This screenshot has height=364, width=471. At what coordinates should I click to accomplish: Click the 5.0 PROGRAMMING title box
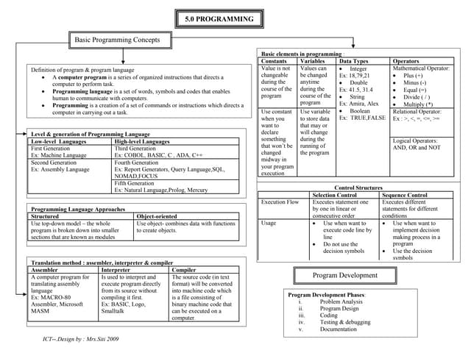[219, 19]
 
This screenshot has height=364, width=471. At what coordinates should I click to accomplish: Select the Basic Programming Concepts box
[118, 38]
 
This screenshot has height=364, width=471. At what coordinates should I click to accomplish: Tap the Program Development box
[344, 275]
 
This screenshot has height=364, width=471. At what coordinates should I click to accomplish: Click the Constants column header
[275, 61]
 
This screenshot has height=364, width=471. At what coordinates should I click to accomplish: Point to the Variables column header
[314, 61]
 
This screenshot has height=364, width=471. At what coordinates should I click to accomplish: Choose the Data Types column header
[354, 61]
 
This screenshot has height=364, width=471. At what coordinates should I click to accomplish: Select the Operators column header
[406, 61]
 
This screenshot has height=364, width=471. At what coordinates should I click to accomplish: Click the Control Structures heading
[358, 188]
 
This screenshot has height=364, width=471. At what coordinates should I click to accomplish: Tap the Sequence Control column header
[404, 195]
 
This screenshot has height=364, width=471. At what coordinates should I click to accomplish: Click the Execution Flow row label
[280, 202]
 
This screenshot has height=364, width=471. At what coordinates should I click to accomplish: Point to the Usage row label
[270, 223]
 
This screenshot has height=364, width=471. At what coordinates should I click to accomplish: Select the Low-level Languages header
[59, 141]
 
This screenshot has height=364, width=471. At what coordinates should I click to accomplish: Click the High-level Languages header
[142, 141]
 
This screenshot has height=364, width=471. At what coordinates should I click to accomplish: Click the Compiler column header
[184, 270]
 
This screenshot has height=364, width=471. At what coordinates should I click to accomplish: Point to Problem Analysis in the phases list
[341, 301]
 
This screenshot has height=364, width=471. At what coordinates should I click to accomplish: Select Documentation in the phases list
[338, 329]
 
